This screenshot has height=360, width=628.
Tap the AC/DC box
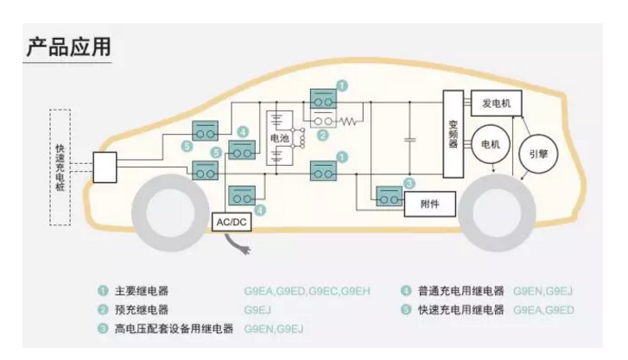point(232,222)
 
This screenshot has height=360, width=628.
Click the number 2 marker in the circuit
point(323,135)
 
